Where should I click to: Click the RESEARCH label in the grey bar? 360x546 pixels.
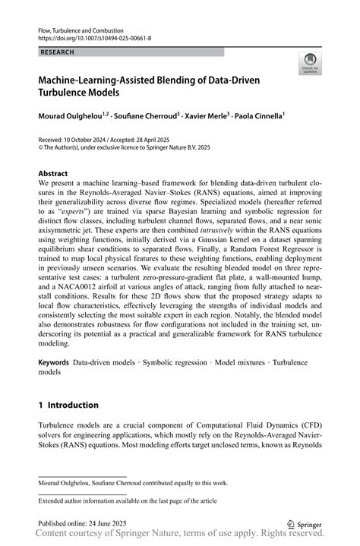pyautogui.click(x=57, y=52)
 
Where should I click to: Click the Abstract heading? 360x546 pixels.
pyautogui.click(x=53, y=173)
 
